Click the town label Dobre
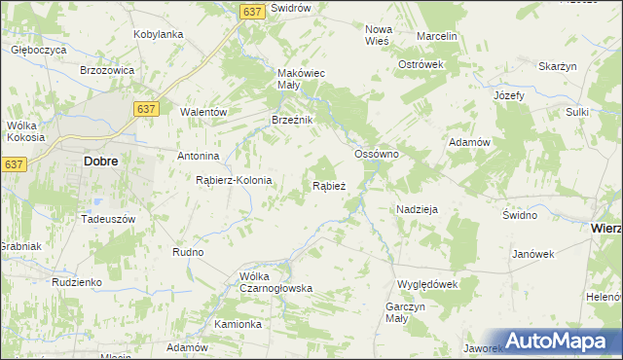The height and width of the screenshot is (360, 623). coord(102,162)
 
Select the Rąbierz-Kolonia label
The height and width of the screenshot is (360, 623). coord(234,181)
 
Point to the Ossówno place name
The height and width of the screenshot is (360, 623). coord(378,155)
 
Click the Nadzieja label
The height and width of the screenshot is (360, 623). coord(417,209)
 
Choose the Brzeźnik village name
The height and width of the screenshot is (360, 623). coord(291,120)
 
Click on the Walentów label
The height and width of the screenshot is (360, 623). coord(203,112)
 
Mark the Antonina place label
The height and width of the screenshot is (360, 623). coord(198,156)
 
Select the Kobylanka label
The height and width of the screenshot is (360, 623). coord(159,34)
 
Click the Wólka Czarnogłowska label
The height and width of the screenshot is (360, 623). coord(276,282)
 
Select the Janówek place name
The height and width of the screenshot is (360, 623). coord(532,254)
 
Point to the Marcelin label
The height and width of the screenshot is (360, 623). coord(436,36)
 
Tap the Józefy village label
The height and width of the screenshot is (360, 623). coord(509,95)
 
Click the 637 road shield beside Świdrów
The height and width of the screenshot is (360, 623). coord(252,11)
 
